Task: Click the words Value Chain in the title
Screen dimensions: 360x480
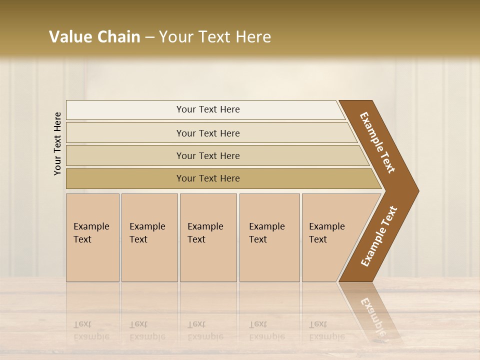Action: (x=94, y=37)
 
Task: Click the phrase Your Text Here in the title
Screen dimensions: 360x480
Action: (x=215, y=37)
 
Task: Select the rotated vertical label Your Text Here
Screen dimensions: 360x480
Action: (x=57, y=143)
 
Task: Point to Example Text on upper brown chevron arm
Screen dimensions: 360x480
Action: (x=377, y=142)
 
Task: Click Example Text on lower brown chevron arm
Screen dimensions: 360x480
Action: (x=379, y=236)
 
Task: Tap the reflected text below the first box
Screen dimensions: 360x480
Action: (x=91, y=330)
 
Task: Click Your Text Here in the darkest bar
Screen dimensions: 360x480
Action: (x=208, y=178)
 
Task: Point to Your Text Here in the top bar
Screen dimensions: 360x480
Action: (x=208, y=109)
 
